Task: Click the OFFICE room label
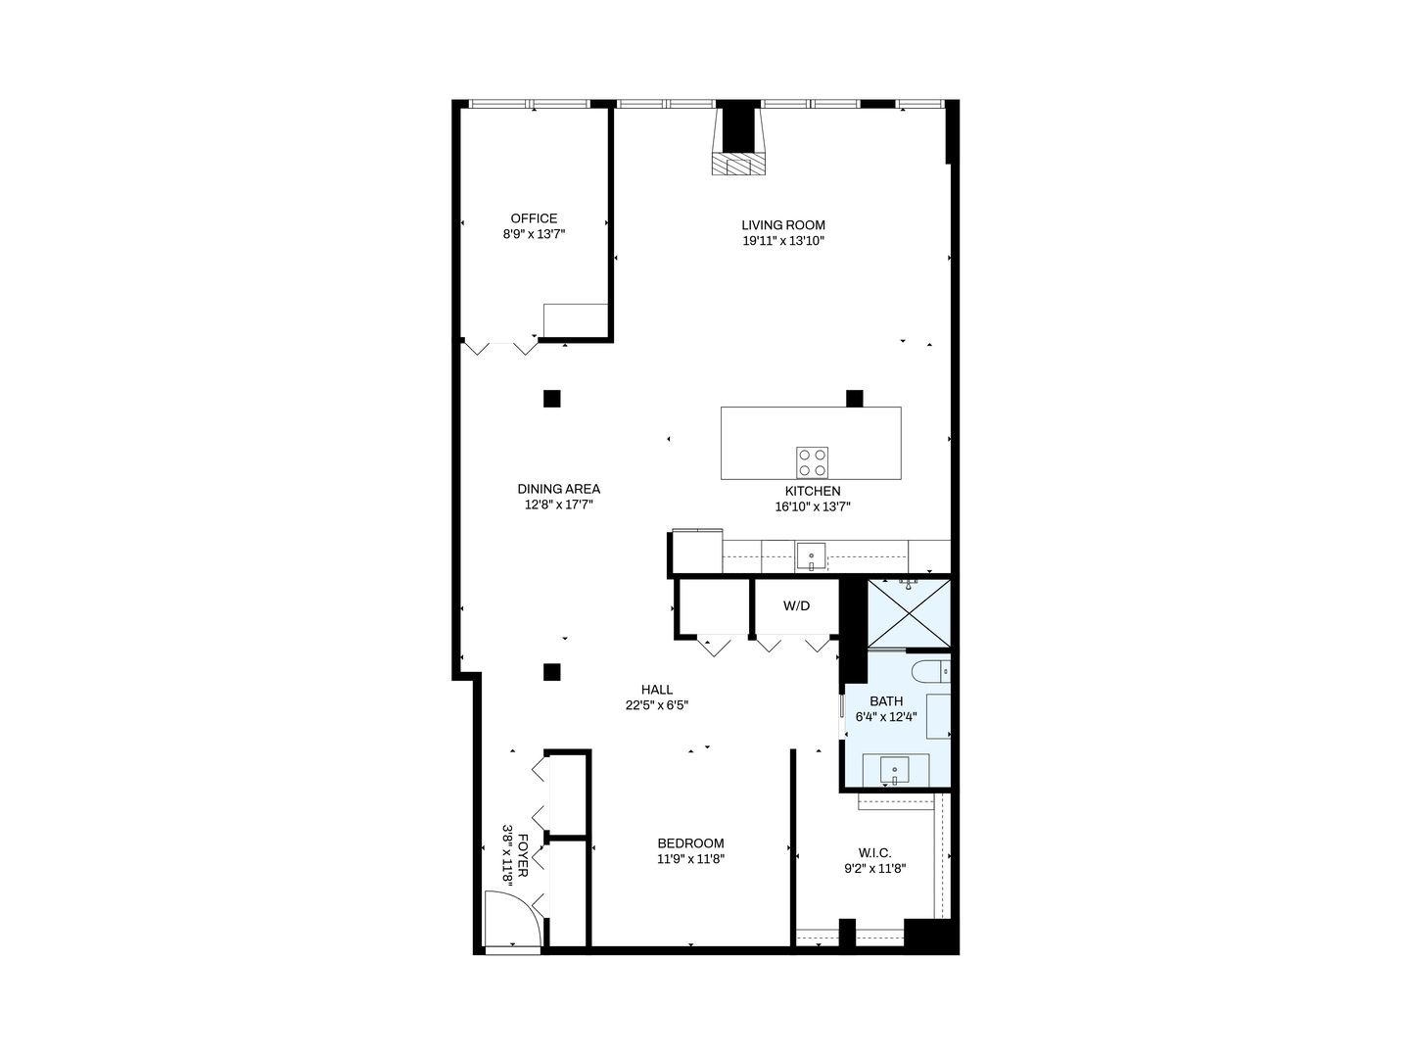534,218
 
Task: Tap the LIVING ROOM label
782,225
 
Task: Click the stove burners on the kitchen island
812,461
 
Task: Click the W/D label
796,606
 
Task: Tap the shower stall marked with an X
909,613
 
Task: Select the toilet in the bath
929,671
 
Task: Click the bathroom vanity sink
894,771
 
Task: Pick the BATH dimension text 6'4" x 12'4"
886,717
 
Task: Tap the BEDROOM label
690,843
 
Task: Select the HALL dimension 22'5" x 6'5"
657,705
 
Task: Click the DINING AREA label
559,489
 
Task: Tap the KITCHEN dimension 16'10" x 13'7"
812,507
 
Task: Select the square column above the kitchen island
854,399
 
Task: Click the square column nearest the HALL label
552,672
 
